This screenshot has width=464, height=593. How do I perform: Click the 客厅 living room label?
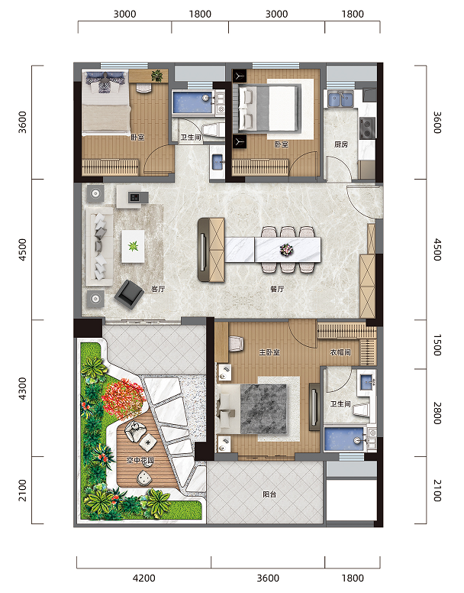158,289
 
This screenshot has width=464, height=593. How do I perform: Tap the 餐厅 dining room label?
277,289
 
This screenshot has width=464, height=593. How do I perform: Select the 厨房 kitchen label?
340,144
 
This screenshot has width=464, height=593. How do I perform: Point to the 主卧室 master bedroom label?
269,352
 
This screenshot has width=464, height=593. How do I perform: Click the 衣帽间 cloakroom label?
340,352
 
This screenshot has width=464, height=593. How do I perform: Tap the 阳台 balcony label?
269,494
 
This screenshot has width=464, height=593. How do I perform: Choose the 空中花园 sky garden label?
140,460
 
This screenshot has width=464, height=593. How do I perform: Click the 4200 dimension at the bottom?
143,578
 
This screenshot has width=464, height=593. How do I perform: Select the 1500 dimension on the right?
437,345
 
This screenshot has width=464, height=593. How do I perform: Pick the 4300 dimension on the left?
23,388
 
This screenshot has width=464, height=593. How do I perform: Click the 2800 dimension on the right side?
437,413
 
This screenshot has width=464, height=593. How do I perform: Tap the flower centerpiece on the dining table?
285,249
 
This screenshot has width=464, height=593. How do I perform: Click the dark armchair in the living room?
130,294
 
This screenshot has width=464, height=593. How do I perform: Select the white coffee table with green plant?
133,246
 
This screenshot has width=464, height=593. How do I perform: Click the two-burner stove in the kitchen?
367,128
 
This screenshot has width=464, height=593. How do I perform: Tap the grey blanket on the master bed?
263,409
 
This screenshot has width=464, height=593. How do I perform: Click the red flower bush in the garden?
124,398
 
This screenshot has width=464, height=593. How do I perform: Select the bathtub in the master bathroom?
344,439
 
